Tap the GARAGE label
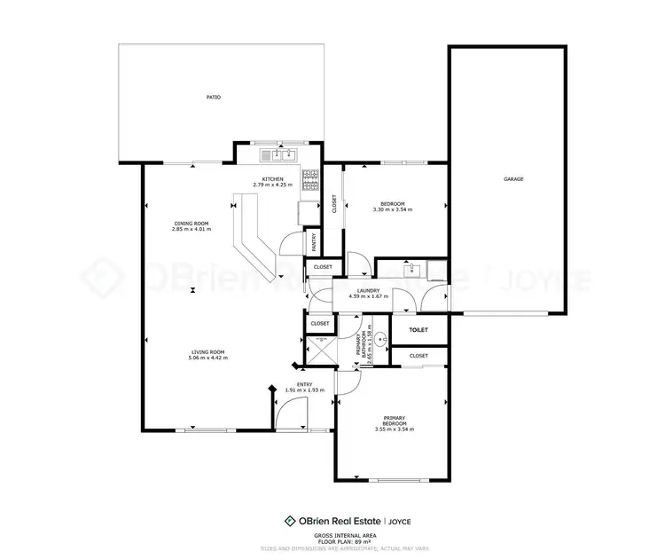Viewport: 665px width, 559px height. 513,179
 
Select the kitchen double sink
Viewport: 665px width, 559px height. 278,155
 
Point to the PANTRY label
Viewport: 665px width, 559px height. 314,241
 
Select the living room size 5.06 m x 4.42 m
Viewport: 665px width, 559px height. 207,358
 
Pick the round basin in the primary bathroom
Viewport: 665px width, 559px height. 380,338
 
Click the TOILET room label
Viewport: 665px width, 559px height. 419,330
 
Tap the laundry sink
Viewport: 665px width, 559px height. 411,270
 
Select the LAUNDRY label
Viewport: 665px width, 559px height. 368,290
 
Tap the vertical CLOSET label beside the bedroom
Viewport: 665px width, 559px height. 333,204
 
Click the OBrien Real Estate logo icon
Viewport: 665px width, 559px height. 289,521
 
